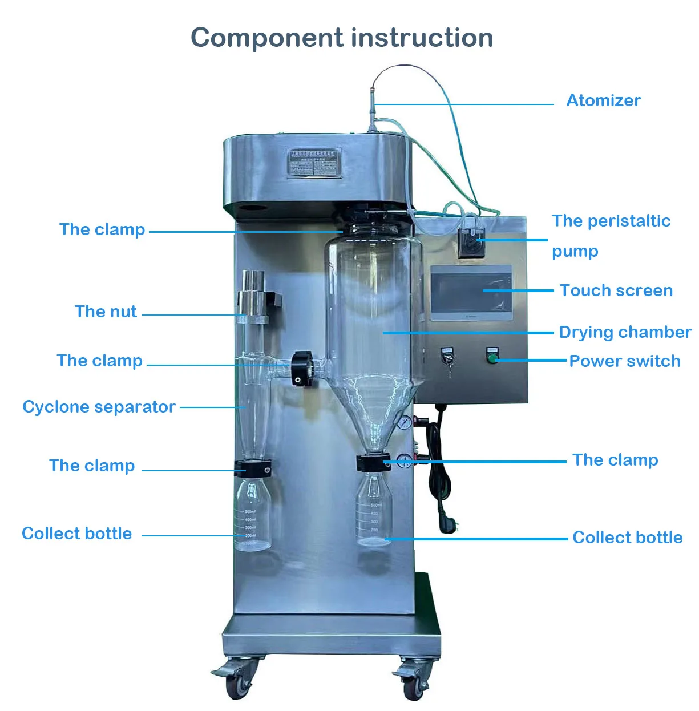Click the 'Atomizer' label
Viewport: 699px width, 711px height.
(x=603, y=100)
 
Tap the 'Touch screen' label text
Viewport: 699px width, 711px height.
(x=616, y=290)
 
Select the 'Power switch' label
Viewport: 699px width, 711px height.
(x=624, y=361)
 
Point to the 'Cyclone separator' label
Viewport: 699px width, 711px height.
(x=99, y=407)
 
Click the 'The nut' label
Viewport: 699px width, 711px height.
(x=106, y=312)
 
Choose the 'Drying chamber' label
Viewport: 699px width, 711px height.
(x=625, y=332)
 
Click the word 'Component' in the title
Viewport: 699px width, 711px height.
(x=267, y=38)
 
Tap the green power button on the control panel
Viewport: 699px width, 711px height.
(x=492, y=358)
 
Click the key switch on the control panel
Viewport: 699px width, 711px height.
(x=447, y=358)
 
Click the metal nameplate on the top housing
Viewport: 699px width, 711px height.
(x=314, y=163)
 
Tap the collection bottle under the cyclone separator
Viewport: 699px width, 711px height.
(x=252, y=516)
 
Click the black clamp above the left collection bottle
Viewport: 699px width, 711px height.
(x=252, y=468)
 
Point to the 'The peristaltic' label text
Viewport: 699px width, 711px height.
(x=611, y=221)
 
